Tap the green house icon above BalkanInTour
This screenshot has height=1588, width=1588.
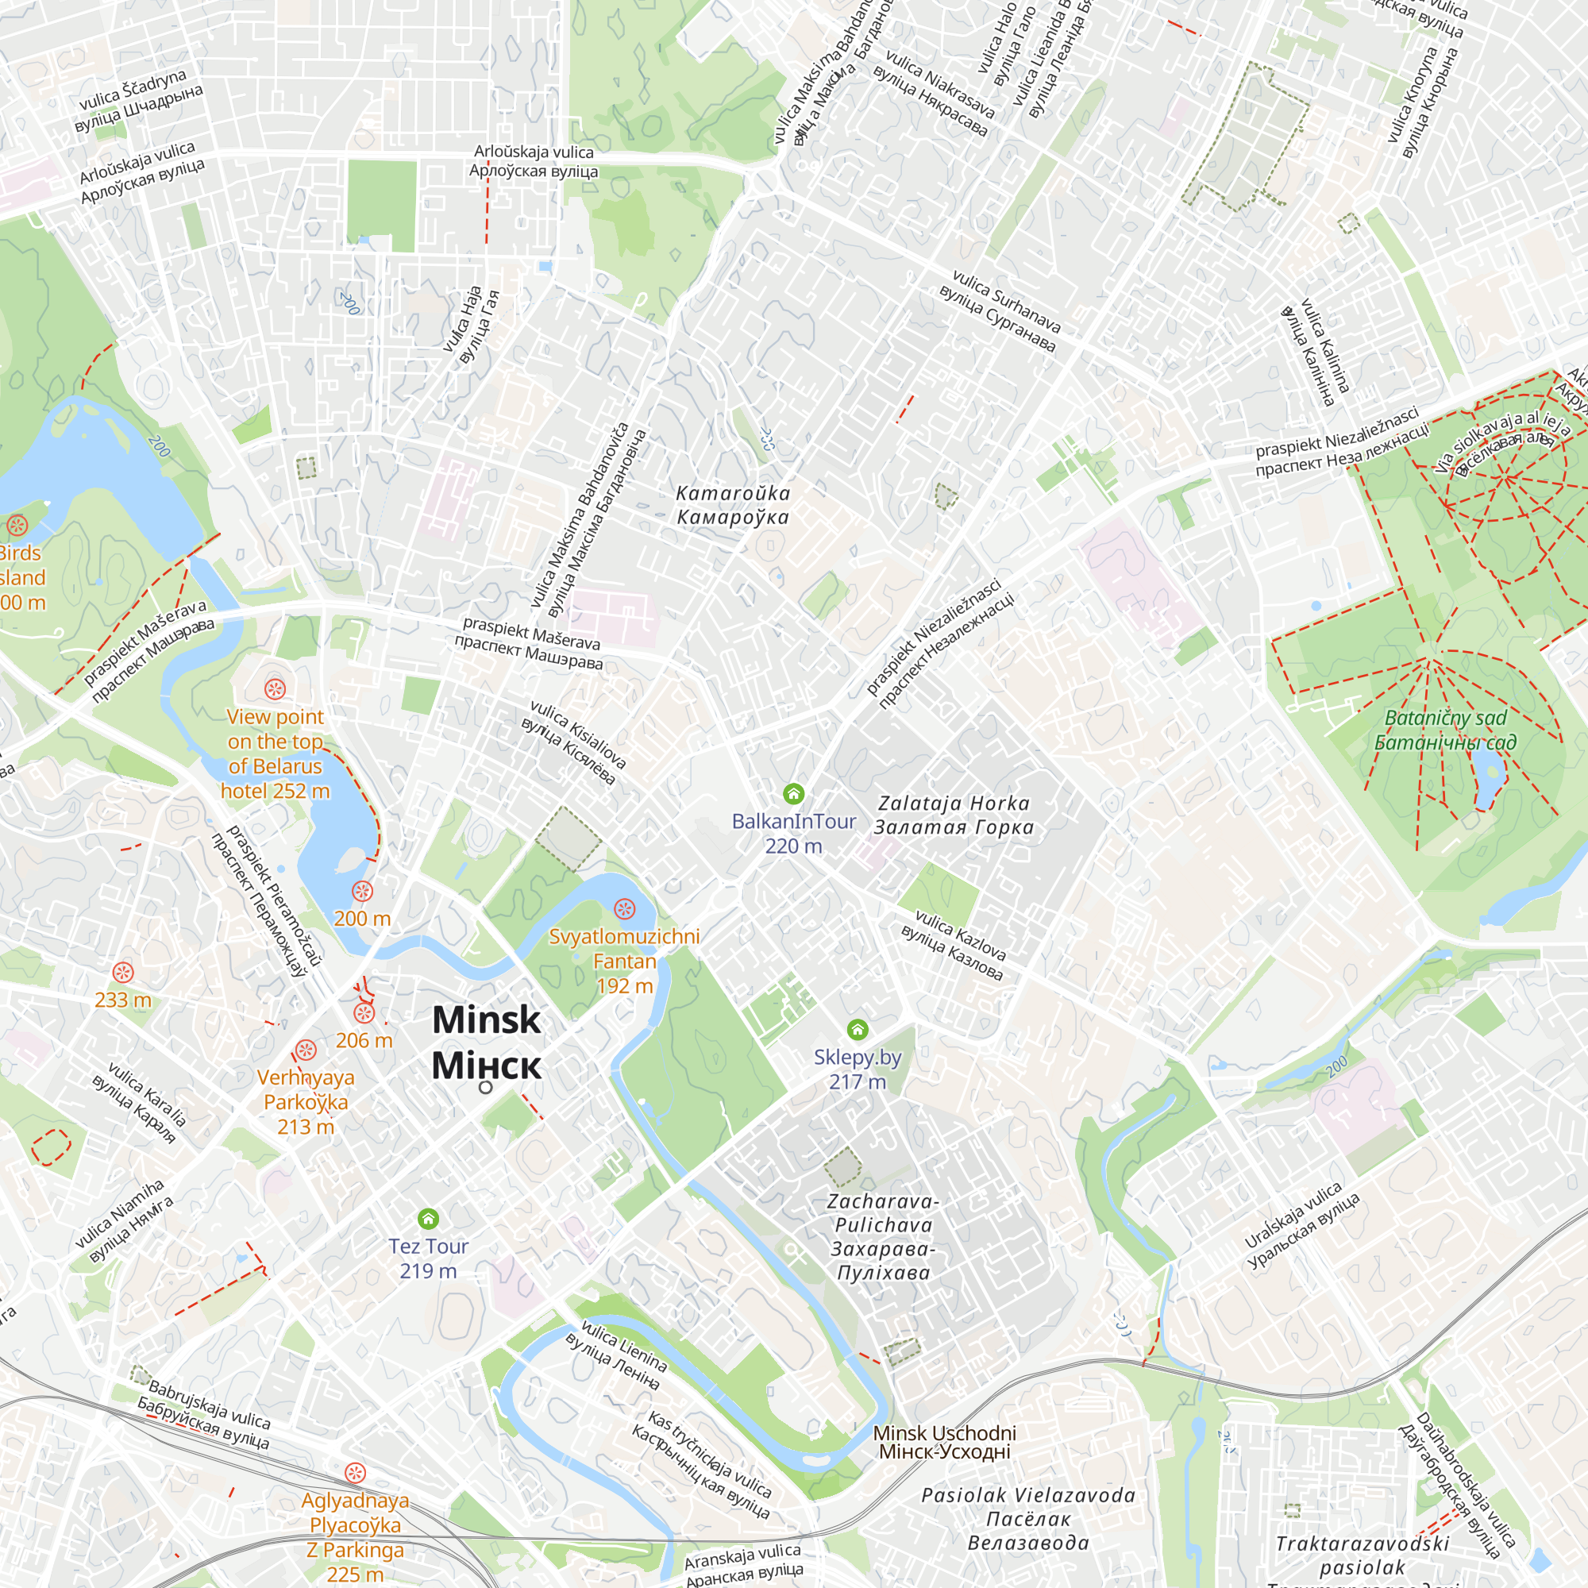(x=793, y=793)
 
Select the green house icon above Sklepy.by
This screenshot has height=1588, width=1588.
(x=858, y=1029)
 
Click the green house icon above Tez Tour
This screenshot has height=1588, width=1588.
(x=428, y=1218)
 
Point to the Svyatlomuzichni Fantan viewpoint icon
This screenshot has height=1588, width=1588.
(x=625, y=908)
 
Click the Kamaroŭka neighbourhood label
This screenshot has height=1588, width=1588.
(x=732, y=505)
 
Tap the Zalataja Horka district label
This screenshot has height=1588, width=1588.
(x=954, y=815)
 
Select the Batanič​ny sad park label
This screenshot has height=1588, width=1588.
(x=1445, y=730)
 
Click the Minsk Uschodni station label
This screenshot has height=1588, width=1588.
(x=944, y=1443)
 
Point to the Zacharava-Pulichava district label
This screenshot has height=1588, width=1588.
(x=882, y=1236)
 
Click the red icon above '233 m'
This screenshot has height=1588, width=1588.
(x=123, y=973)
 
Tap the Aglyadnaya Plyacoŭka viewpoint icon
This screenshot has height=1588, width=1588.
(x=355, y=1472)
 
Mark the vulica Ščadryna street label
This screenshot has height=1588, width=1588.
(x=137, y=101)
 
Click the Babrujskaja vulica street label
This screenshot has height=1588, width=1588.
(x=206, y=1416)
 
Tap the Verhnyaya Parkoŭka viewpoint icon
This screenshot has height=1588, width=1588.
(x=306, y=1050)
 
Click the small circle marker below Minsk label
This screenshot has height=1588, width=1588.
(x=486, y=1088)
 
